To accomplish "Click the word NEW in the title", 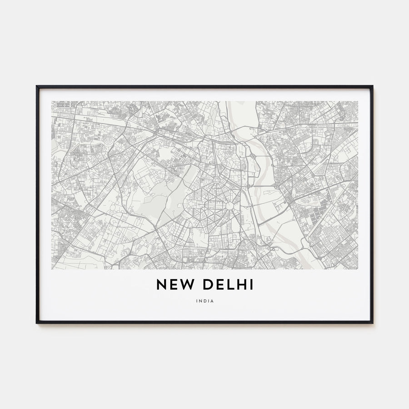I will coord(172,284).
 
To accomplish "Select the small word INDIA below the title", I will coord(204,300).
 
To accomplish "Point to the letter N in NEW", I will coord(161,284).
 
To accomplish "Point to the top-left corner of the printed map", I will coord(52,101).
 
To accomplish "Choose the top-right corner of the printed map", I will coord(358,101).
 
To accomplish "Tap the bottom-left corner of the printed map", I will coord(52,269).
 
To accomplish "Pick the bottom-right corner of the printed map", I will coord(358,269).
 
